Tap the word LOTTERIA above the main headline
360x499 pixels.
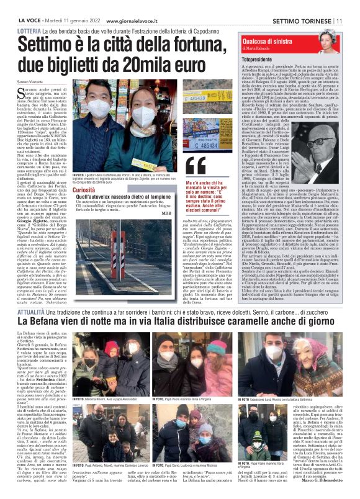(30, 30)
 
